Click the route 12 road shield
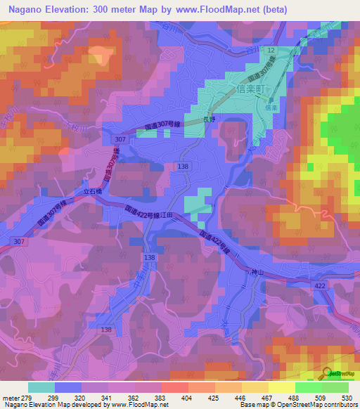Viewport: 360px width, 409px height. click(271, 51)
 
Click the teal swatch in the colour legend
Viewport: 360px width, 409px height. click(41, 387)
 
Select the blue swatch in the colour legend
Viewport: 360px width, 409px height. click(68, 387)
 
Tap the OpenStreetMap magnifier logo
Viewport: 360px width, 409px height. click(327, 373)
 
